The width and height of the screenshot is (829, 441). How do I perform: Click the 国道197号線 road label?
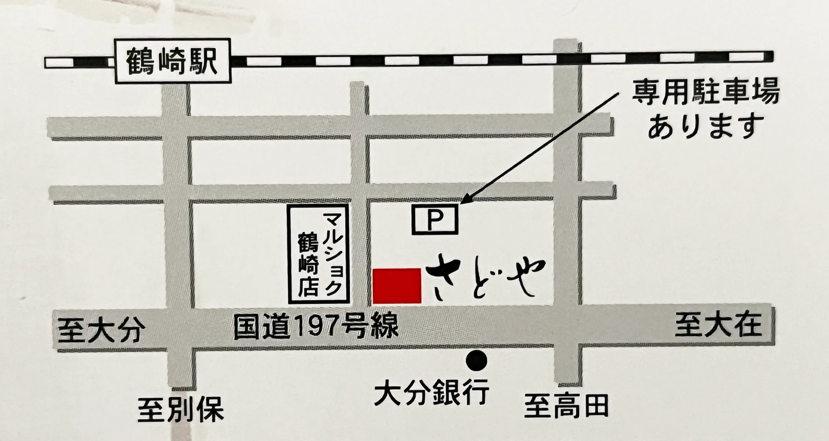click(x=316, y=328)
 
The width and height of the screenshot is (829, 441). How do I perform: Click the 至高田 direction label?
click(x=566, y=406)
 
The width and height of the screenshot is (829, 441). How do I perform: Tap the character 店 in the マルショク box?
click(x=308, y=287)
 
